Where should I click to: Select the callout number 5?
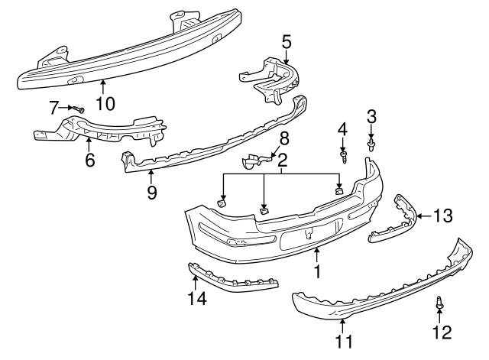pos(286,40)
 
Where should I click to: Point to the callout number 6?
pos(89,161)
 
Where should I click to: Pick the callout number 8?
pos(283,138)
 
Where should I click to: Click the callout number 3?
pos(371,116)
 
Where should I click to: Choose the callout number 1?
pos(316,270)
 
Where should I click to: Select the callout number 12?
pos(442,332)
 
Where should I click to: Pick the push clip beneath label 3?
pos(371,143)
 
